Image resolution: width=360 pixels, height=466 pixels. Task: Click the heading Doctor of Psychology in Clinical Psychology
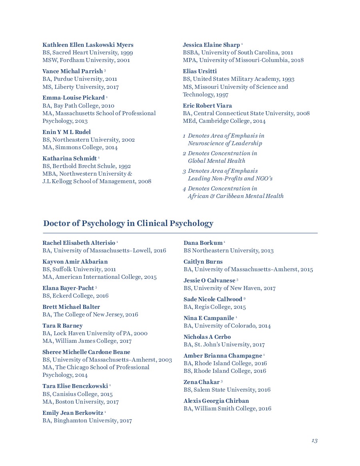pos(128,224)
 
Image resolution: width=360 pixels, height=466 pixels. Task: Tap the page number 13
pos(314,440)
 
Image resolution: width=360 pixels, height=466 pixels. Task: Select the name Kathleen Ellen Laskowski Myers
pos(88,45)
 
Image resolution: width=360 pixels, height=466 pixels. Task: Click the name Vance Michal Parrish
pos(72,71)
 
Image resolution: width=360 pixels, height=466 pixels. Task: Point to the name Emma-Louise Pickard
pos(73,98)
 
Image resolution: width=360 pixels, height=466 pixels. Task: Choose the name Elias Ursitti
pos(200,71)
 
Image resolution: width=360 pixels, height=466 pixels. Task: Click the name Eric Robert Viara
pos(207,106)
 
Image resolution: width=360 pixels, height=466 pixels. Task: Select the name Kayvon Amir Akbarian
pos(75,262)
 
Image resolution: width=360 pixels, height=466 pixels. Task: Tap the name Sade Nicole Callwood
pos(213,299)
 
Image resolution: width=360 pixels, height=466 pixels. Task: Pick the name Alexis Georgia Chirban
pos(216,401)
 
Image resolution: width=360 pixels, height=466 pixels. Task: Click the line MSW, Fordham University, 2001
pos(86,60)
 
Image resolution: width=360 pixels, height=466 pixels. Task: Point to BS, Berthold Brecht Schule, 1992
pos(87,166)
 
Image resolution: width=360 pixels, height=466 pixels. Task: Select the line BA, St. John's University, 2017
pos(224,344)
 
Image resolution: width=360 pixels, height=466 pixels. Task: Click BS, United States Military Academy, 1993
pos(238,79)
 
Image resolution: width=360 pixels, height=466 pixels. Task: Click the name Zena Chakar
pos(201,382)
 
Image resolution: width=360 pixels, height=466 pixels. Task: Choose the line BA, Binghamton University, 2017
pos(87,420)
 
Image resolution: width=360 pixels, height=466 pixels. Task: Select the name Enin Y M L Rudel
pos(66,132)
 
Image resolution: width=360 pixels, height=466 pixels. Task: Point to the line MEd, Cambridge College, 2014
pos(224,121)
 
